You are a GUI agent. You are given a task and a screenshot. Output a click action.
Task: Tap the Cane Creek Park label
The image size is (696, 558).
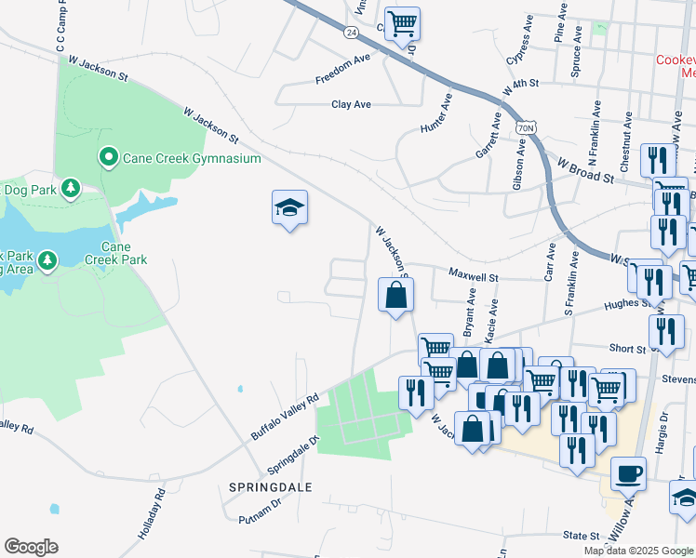click(x=123, y=253)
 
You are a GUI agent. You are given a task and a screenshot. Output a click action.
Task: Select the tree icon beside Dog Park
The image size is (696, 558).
click(x=71, y=190)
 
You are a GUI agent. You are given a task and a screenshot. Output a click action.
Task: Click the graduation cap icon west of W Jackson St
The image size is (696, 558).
click(x=289, y=207)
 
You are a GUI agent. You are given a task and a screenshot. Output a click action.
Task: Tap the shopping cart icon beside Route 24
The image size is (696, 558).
click(x=402, y=23)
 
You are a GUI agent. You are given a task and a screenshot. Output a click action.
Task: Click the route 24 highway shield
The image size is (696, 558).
click(x=350, y=32)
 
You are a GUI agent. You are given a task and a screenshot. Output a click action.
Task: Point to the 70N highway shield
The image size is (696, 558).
click(x=526, y=126)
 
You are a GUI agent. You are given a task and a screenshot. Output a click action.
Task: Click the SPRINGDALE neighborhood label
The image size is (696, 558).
click(x=270, y=487)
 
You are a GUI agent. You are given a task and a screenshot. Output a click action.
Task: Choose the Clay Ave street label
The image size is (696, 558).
click(x=351, y=105)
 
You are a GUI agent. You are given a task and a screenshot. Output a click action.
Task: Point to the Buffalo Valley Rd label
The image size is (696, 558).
click(x=285, y=416)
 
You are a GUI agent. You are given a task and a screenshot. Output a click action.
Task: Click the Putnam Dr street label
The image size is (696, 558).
click(x=260, y=517)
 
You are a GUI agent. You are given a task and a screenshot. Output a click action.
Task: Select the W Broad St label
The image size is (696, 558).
click(x=586, y=168)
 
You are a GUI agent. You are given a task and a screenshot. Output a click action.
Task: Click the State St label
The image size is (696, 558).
click(x=581, y=536)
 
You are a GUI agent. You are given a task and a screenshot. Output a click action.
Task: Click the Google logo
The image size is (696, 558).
click(x=31, y=547)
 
